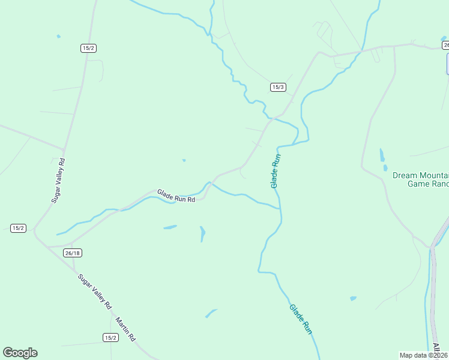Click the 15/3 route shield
point(278,87)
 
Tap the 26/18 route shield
point(73,253)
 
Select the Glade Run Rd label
point(176,196)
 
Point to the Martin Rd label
point(126,328)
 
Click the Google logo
point(20,353)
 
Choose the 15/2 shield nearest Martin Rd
point(110,337)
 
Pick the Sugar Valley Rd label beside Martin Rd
point(95,292)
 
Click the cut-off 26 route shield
point(445,45)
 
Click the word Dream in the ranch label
point(405,175)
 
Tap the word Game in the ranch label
point(419,184)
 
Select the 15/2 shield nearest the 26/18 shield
point(18,228)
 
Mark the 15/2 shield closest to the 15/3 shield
point(88,48)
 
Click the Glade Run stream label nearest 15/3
point(276,172)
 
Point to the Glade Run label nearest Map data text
point(301,319)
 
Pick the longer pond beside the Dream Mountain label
point(381,155)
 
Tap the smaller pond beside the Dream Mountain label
point(385,168)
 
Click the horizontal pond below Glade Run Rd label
point(170,227)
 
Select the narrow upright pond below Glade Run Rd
point(202,233)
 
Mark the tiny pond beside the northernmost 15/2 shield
point(58,37)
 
